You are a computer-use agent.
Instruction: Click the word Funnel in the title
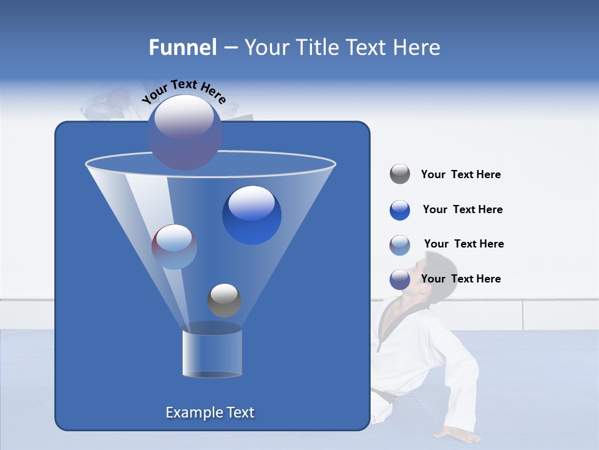pos(182,47)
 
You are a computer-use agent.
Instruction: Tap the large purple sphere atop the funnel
pos(185,132)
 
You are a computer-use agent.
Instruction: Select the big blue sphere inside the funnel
pos(252,215)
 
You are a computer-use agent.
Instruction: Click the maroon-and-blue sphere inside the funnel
pos(174,247)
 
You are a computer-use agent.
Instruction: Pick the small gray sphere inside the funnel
pos(224,301)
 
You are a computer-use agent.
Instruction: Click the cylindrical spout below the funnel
pos(212,352)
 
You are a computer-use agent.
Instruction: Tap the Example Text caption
pos(210,412)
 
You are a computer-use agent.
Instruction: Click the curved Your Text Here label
pos(183,91)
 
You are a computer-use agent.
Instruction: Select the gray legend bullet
pos(400,174)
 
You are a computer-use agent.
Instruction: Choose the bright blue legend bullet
pos(400,210)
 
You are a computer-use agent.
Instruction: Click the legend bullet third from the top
pos(400,245)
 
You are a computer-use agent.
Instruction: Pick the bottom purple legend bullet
pos(400,279)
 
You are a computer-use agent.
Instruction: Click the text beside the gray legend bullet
pos(460,175)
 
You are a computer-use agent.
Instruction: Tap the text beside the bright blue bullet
pos(462,210)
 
